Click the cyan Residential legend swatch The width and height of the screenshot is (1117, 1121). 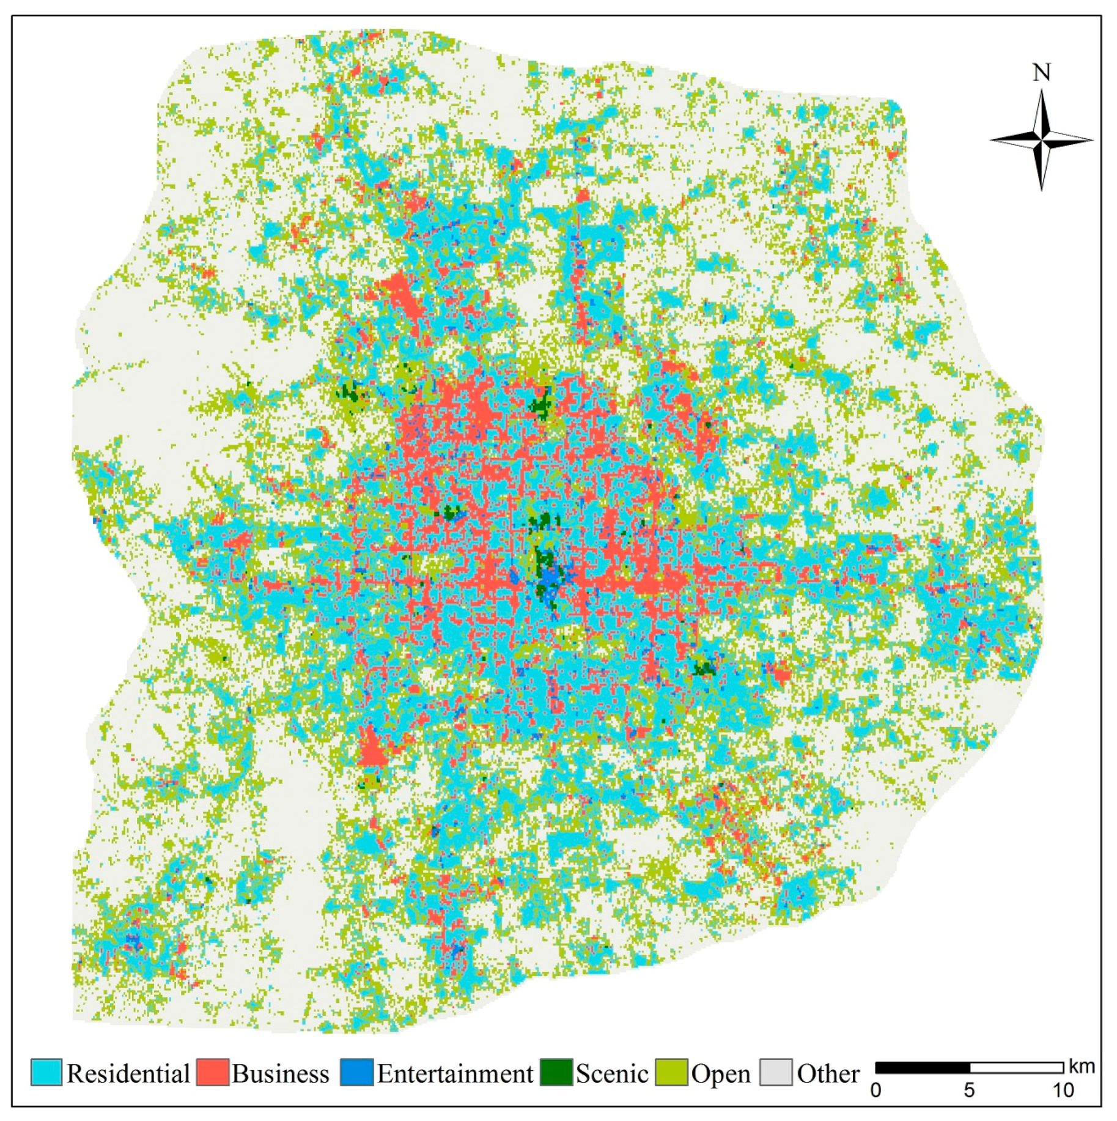(x=46, y=1072)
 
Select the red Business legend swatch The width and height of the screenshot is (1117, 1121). (x=212, y=1072)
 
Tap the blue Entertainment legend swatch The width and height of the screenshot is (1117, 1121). (x=356, y=1072)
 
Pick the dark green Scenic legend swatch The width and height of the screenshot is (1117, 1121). (x=556, y=1072)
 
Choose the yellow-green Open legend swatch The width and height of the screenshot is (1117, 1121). (x=671, y=1072)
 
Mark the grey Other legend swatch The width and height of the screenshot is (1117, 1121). (x=775, y=1072)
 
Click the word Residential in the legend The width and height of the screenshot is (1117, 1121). (x=128, y=1074)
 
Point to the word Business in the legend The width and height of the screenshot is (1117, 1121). (x=280, y=1074)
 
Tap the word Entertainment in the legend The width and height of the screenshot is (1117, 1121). (x=455, y=1074)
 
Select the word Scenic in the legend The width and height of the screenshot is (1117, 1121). (x=611, y=1074)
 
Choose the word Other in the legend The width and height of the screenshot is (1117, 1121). (x=828, y=1074)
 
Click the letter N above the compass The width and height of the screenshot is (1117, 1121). (x=1041, y=73)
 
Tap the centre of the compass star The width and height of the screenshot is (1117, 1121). (x=1042, y=140)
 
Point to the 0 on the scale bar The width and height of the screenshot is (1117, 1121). (x=876, y=1090)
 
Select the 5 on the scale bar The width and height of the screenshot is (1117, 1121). (x=969, y=1090)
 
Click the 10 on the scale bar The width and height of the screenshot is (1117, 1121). (x=1063, y=1090)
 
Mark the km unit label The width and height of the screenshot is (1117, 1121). (x=1082, y=1067)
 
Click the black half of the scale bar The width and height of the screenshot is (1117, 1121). (x=923, y=1068)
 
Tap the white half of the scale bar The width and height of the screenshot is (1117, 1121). (x=1016, y=1068)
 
